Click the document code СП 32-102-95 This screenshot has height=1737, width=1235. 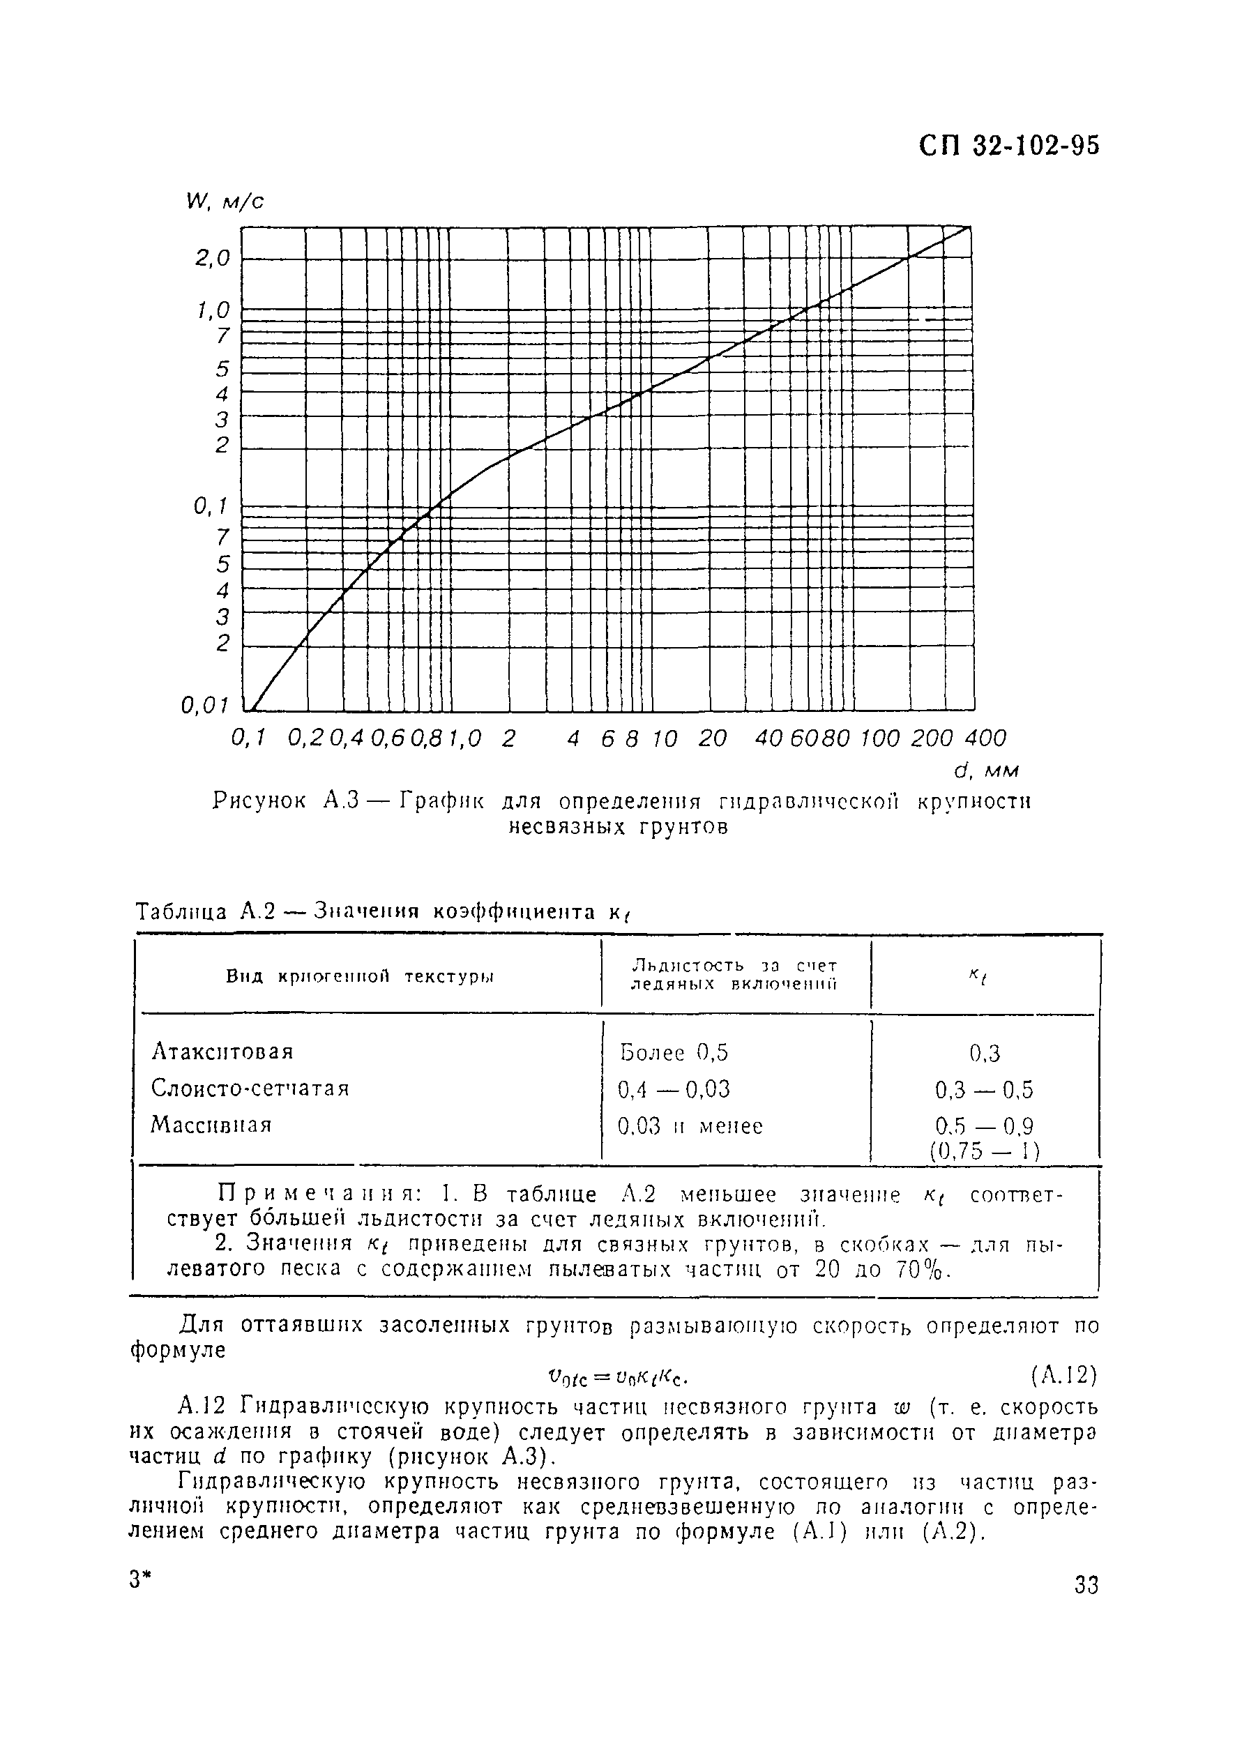(1008, 146)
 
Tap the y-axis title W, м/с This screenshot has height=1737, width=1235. (225, 202)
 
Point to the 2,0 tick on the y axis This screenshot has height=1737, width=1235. (213, 259)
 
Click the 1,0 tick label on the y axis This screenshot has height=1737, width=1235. (213, 310)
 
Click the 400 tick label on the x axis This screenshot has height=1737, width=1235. (985, 738)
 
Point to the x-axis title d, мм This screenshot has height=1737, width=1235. (986, 771)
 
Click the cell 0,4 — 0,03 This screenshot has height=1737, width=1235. (674, 1089)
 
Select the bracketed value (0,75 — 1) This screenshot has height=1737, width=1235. (984, 1151)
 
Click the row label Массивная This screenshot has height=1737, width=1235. (211, 1125)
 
